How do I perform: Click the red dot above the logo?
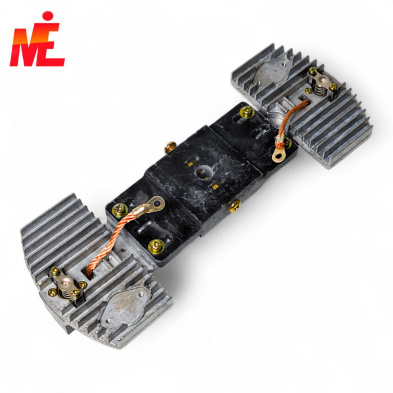[48, 16]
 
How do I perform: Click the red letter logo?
[37, 44]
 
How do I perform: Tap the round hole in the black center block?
[204, 172]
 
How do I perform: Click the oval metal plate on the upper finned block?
[271, 70]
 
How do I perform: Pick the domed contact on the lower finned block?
[65, 281]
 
